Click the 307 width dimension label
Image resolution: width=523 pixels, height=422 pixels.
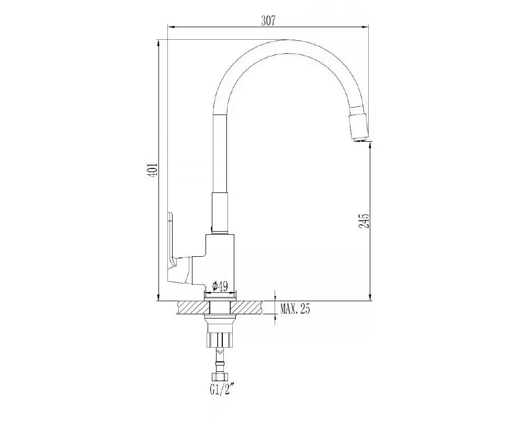click(x=268, y=21)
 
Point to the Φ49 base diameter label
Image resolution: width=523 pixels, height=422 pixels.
click(x=220, y=286)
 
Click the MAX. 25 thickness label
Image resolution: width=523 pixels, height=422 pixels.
click(x=295, y=309)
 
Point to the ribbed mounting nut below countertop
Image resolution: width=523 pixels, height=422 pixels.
click(x=220, y=339)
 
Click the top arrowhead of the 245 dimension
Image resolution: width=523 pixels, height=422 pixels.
click(x=370, y=145)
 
